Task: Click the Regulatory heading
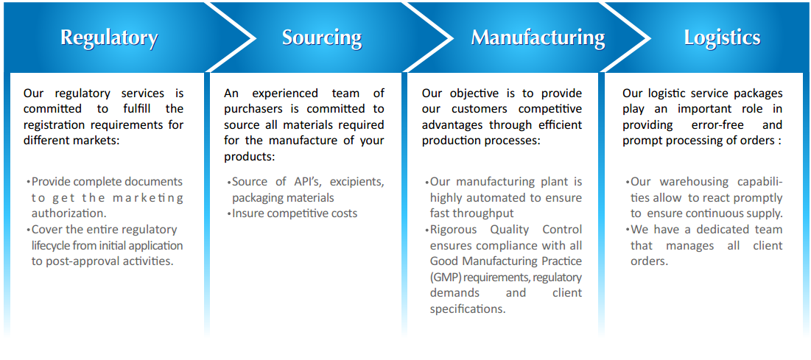point(109,38)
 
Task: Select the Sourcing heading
point(322,38)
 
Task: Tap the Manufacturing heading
point(538,38)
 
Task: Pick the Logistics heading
point(722,38)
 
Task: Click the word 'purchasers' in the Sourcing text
point(251,109)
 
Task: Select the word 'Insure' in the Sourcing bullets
point(248,213)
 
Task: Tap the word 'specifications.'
point(468,308)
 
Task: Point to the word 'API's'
point(310,182)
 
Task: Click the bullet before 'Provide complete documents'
point(29,182)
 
